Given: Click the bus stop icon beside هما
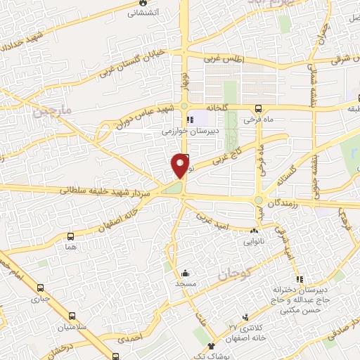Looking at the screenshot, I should [70, 236].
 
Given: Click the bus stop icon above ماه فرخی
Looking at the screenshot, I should [259, 108].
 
